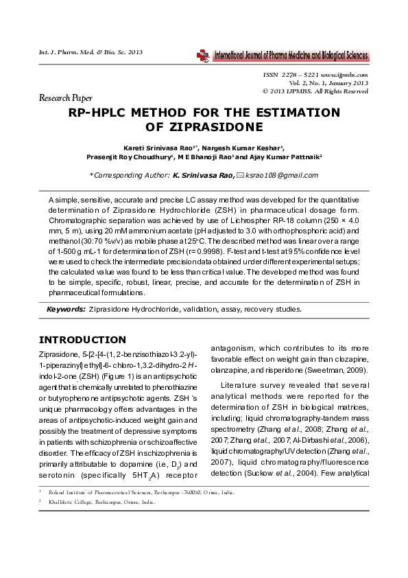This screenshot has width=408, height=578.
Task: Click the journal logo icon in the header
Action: [204, 56]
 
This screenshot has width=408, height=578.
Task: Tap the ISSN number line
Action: [315, 74]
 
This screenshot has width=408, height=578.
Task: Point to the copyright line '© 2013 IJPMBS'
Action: [315, 91]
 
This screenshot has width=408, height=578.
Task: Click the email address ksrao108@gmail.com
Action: [283, 176]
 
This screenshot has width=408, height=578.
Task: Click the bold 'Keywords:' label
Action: [66, 309]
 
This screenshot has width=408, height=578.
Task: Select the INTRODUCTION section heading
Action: [82, 340]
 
